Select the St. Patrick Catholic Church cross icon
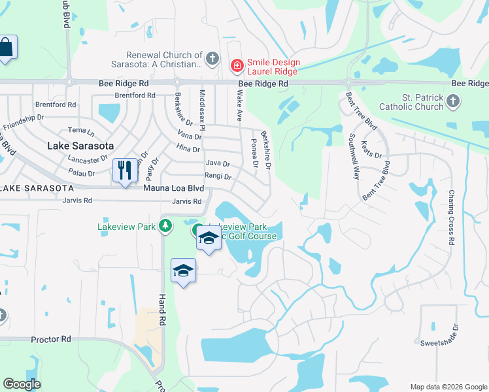pyautogui.click(x=454, y=101)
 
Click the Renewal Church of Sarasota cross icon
pyautogui.click(x=211, y=59)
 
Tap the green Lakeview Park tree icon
pyautogui.click(x=167, y=226)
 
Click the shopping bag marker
pyautogui.click(x=6, y=48)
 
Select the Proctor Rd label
pyautogui.click(x=51, y=340)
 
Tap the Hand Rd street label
pyautogui.click(x=162, y=310)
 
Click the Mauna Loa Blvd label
pyautogui.click(x=174, y=188)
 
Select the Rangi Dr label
pyautogui.click(x=218, y=176)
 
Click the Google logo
pyautogui.click(x=22, y=384)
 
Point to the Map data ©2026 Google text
pyautogui.click(x=448, y=386)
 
